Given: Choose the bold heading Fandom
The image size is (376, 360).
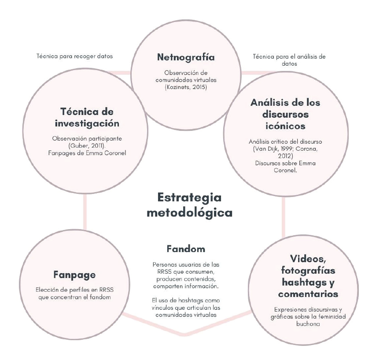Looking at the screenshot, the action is (x=185, y=249).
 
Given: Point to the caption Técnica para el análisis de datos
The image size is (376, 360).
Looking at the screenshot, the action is (x=289, y=60).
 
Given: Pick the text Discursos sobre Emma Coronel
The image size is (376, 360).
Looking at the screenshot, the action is (x=285, y=167).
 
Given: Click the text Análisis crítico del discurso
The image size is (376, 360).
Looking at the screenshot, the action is (x=285, y=142).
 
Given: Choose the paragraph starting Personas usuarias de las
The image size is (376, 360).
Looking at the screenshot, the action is (x=185, y=275).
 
